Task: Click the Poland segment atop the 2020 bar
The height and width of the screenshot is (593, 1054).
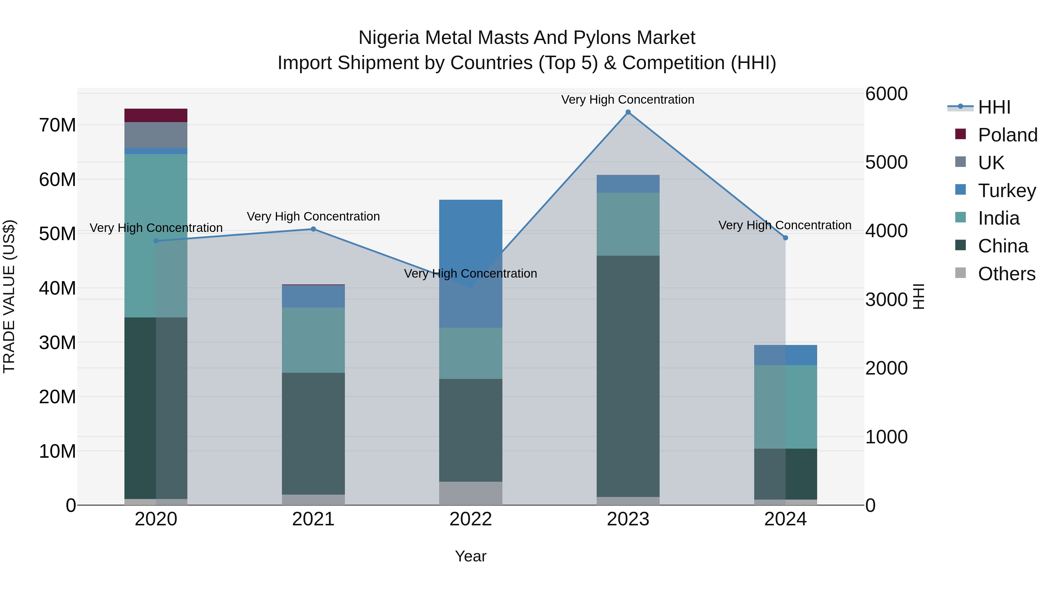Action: pos(155,115)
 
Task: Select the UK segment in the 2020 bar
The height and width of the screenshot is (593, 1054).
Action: pos(155,135)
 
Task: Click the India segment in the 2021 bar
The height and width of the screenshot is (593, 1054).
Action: pos(313,340)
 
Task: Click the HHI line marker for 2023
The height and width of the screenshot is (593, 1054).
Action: pos(628,112)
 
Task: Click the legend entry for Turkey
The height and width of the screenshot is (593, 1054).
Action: pos(1007,190)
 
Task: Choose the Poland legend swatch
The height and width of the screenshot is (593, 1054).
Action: pos(960,134)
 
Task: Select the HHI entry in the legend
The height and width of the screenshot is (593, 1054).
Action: pos(994,107)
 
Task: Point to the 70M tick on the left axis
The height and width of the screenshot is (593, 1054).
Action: pos(57,125)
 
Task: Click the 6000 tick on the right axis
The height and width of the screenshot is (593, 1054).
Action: pos(886,94)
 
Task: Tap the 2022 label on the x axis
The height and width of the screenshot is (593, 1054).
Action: pos(470,519)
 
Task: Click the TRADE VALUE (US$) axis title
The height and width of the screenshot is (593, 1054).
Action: pos(9,296)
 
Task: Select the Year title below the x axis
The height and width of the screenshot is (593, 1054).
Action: pos(470,556)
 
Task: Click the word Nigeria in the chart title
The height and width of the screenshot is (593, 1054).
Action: pos(389,38)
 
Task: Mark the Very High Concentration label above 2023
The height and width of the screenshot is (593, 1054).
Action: pos(628,100)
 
